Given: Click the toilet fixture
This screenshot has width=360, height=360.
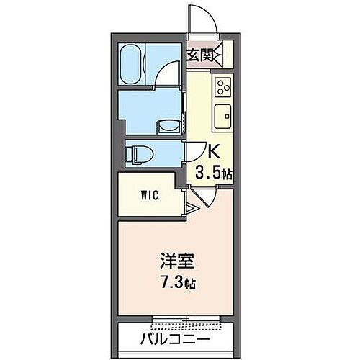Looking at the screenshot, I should pyautogui.click(x=135, y=153).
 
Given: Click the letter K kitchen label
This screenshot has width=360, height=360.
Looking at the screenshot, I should pyautogui.click(x=213, y=153).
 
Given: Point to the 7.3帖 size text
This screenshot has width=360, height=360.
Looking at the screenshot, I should pyautogui.click(x=180, y=282).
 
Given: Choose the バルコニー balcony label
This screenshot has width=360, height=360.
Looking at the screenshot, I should pyautogui.click(x=179, y=337).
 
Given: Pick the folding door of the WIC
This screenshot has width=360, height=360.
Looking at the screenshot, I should pyautogui.click(x=190, y=210).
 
